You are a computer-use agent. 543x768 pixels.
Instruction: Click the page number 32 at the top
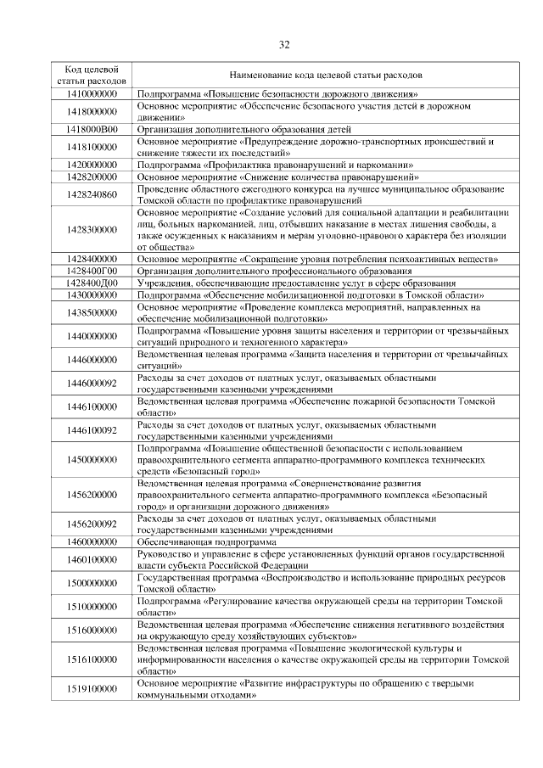(x=284, y=45)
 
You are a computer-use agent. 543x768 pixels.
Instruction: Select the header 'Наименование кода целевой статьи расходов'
(x=325, y=75)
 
